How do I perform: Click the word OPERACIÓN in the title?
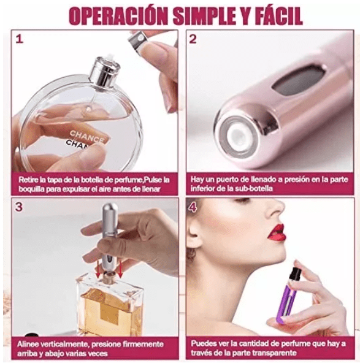click(118, 16)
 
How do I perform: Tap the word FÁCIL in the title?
click(277, 15)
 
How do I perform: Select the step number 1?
click(20, 39)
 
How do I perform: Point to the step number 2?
click(193, 39)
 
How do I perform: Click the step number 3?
click(19, 207)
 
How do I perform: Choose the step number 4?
click(193, 208)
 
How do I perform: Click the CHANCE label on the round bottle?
click(87, 137)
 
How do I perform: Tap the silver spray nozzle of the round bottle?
click(104, 72)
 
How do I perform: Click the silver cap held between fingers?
click(139, 41)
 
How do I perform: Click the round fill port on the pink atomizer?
click(239, 137)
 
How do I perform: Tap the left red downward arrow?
click(99, 269)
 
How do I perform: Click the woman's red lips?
click(277, 232)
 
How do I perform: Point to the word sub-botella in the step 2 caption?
click(254, 188)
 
